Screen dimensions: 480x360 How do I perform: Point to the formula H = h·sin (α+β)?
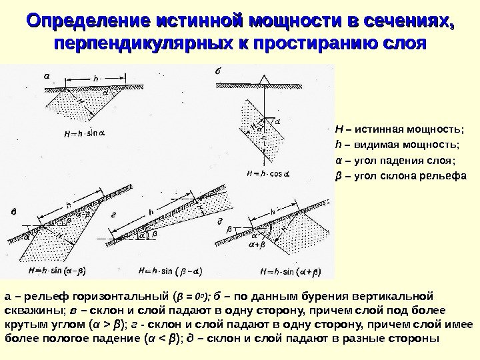(x=290, y=271)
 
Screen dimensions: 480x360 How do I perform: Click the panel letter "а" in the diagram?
(x=47, y=75)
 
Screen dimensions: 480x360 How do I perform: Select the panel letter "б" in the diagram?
(x=217, y=69)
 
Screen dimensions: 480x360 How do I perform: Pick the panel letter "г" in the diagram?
(x=114, y=215)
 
